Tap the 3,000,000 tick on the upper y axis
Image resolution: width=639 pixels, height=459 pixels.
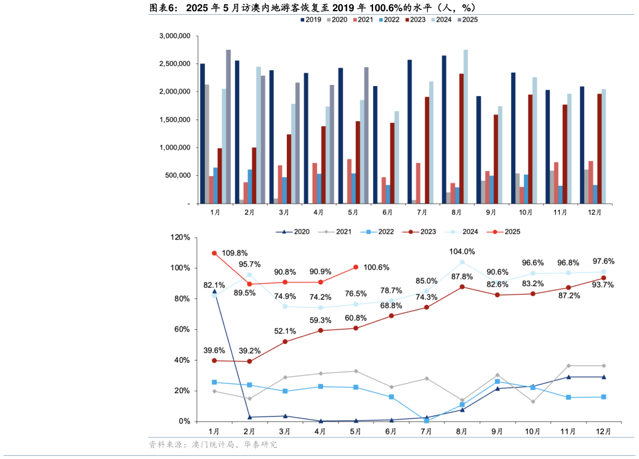(175, 36)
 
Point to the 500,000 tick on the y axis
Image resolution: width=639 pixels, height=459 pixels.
(179, 176)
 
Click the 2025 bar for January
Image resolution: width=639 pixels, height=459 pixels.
(228, 127)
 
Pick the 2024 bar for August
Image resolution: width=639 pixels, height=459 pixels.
(465, 127)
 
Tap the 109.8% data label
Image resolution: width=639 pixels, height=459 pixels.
(234, 253)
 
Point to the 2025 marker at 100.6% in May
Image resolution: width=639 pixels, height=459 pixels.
(355, 267)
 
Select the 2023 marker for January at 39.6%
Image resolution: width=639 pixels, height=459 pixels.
(214, 361)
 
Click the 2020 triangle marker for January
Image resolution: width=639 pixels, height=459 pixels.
(214, 291)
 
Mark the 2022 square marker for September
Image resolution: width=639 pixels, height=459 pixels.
(497, 381)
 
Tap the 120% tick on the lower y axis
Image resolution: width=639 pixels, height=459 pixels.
(180, 237)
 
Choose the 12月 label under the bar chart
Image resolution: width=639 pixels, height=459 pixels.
(595, 212)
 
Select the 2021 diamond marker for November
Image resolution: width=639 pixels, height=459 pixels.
(568, 365)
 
